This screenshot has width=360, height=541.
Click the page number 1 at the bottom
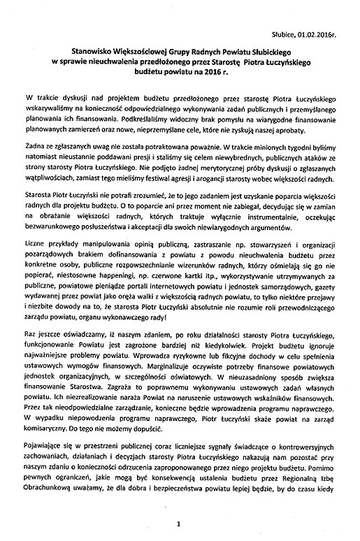(x=179, y=523)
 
